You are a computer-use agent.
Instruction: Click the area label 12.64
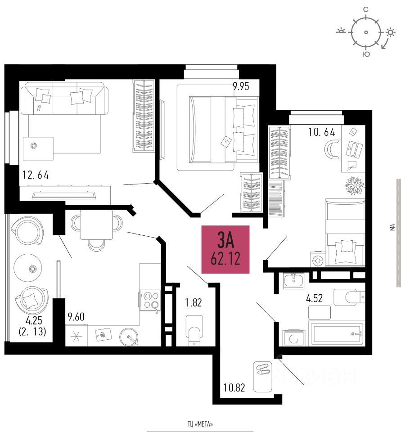[36, 175]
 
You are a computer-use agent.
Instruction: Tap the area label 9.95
[241, 86]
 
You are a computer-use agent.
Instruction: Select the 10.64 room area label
[321, 132]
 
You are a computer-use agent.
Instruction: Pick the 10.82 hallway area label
[234, 387]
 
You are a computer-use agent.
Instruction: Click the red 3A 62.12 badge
[225, 249]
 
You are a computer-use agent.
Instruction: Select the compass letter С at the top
[366, 9]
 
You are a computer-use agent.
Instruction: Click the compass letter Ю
[366, 54]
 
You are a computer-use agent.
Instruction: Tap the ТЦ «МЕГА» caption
[200, 424]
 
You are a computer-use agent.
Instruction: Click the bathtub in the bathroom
[337, 334]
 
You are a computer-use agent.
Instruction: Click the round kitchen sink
[129, 336]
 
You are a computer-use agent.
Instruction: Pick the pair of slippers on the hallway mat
[261, 370]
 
